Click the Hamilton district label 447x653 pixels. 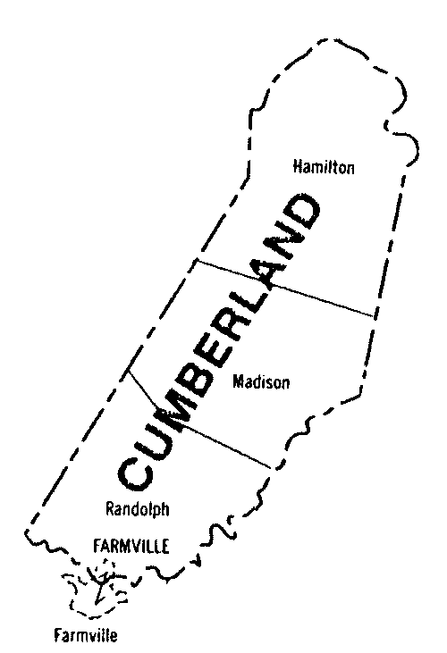pos(325,166)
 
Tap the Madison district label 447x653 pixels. pos(261,381)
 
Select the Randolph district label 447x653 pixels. pos(138,509)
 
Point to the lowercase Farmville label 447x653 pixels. pos(85,636)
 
